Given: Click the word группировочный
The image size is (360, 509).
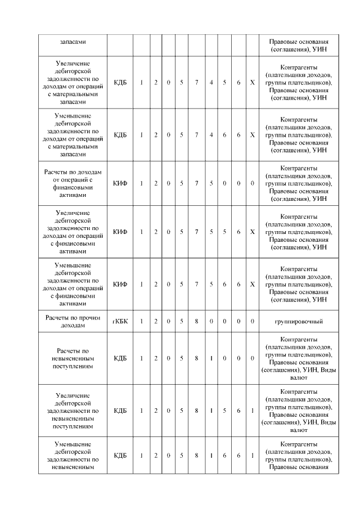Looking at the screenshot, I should [x=298, y=321].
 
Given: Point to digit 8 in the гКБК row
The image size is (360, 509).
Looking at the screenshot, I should [x=196, y=321].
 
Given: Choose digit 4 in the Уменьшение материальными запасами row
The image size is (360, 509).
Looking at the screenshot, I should [x=211, y=135].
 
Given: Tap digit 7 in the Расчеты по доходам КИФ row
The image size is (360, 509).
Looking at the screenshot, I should [x=196, y=183].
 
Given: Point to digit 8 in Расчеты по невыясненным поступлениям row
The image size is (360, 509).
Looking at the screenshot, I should [x=196, y=358].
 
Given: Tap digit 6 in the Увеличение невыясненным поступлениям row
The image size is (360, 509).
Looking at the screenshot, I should [x=238, y=411].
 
